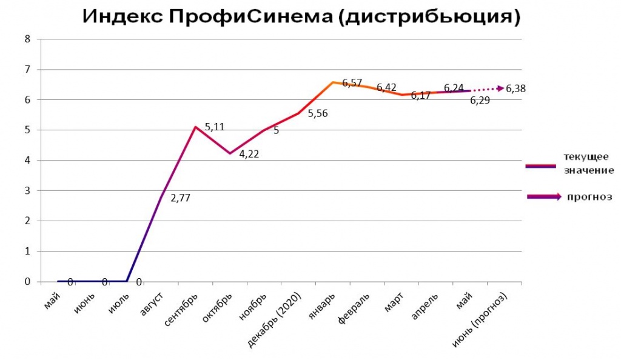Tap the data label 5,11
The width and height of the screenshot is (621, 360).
point(215,127)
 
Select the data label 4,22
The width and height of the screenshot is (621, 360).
point(249,155)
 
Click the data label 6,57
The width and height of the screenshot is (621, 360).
point(352,83)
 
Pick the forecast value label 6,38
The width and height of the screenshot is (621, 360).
point(515,88)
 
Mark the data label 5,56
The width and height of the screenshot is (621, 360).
point(318,113)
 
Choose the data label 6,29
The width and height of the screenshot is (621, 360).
point(480,101)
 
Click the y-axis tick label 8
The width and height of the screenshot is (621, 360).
point(27,39)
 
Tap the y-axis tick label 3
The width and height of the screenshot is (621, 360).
point(27,191)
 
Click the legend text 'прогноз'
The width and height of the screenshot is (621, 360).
point(589,196)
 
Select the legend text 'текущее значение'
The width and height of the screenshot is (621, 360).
point(585,163)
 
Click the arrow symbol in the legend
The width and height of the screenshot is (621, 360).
point(546,196)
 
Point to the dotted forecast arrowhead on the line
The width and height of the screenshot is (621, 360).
point(500,88)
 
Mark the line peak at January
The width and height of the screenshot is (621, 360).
point(332,82)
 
